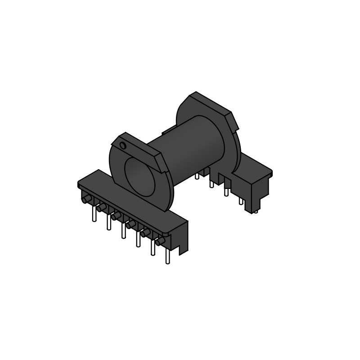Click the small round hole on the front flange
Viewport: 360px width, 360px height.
tap(122, 145)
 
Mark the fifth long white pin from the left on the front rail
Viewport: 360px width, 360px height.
tap(153, 247)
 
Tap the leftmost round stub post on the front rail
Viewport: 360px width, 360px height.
tap(87, 198)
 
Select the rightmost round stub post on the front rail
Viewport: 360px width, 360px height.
tap(160, 242)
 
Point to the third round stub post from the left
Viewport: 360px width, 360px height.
tap(116, 216)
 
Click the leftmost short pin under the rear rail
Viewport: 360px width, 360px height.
tap(197, 175)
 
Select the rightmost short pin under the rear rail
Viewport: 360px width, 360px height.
tap(255, 209)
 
